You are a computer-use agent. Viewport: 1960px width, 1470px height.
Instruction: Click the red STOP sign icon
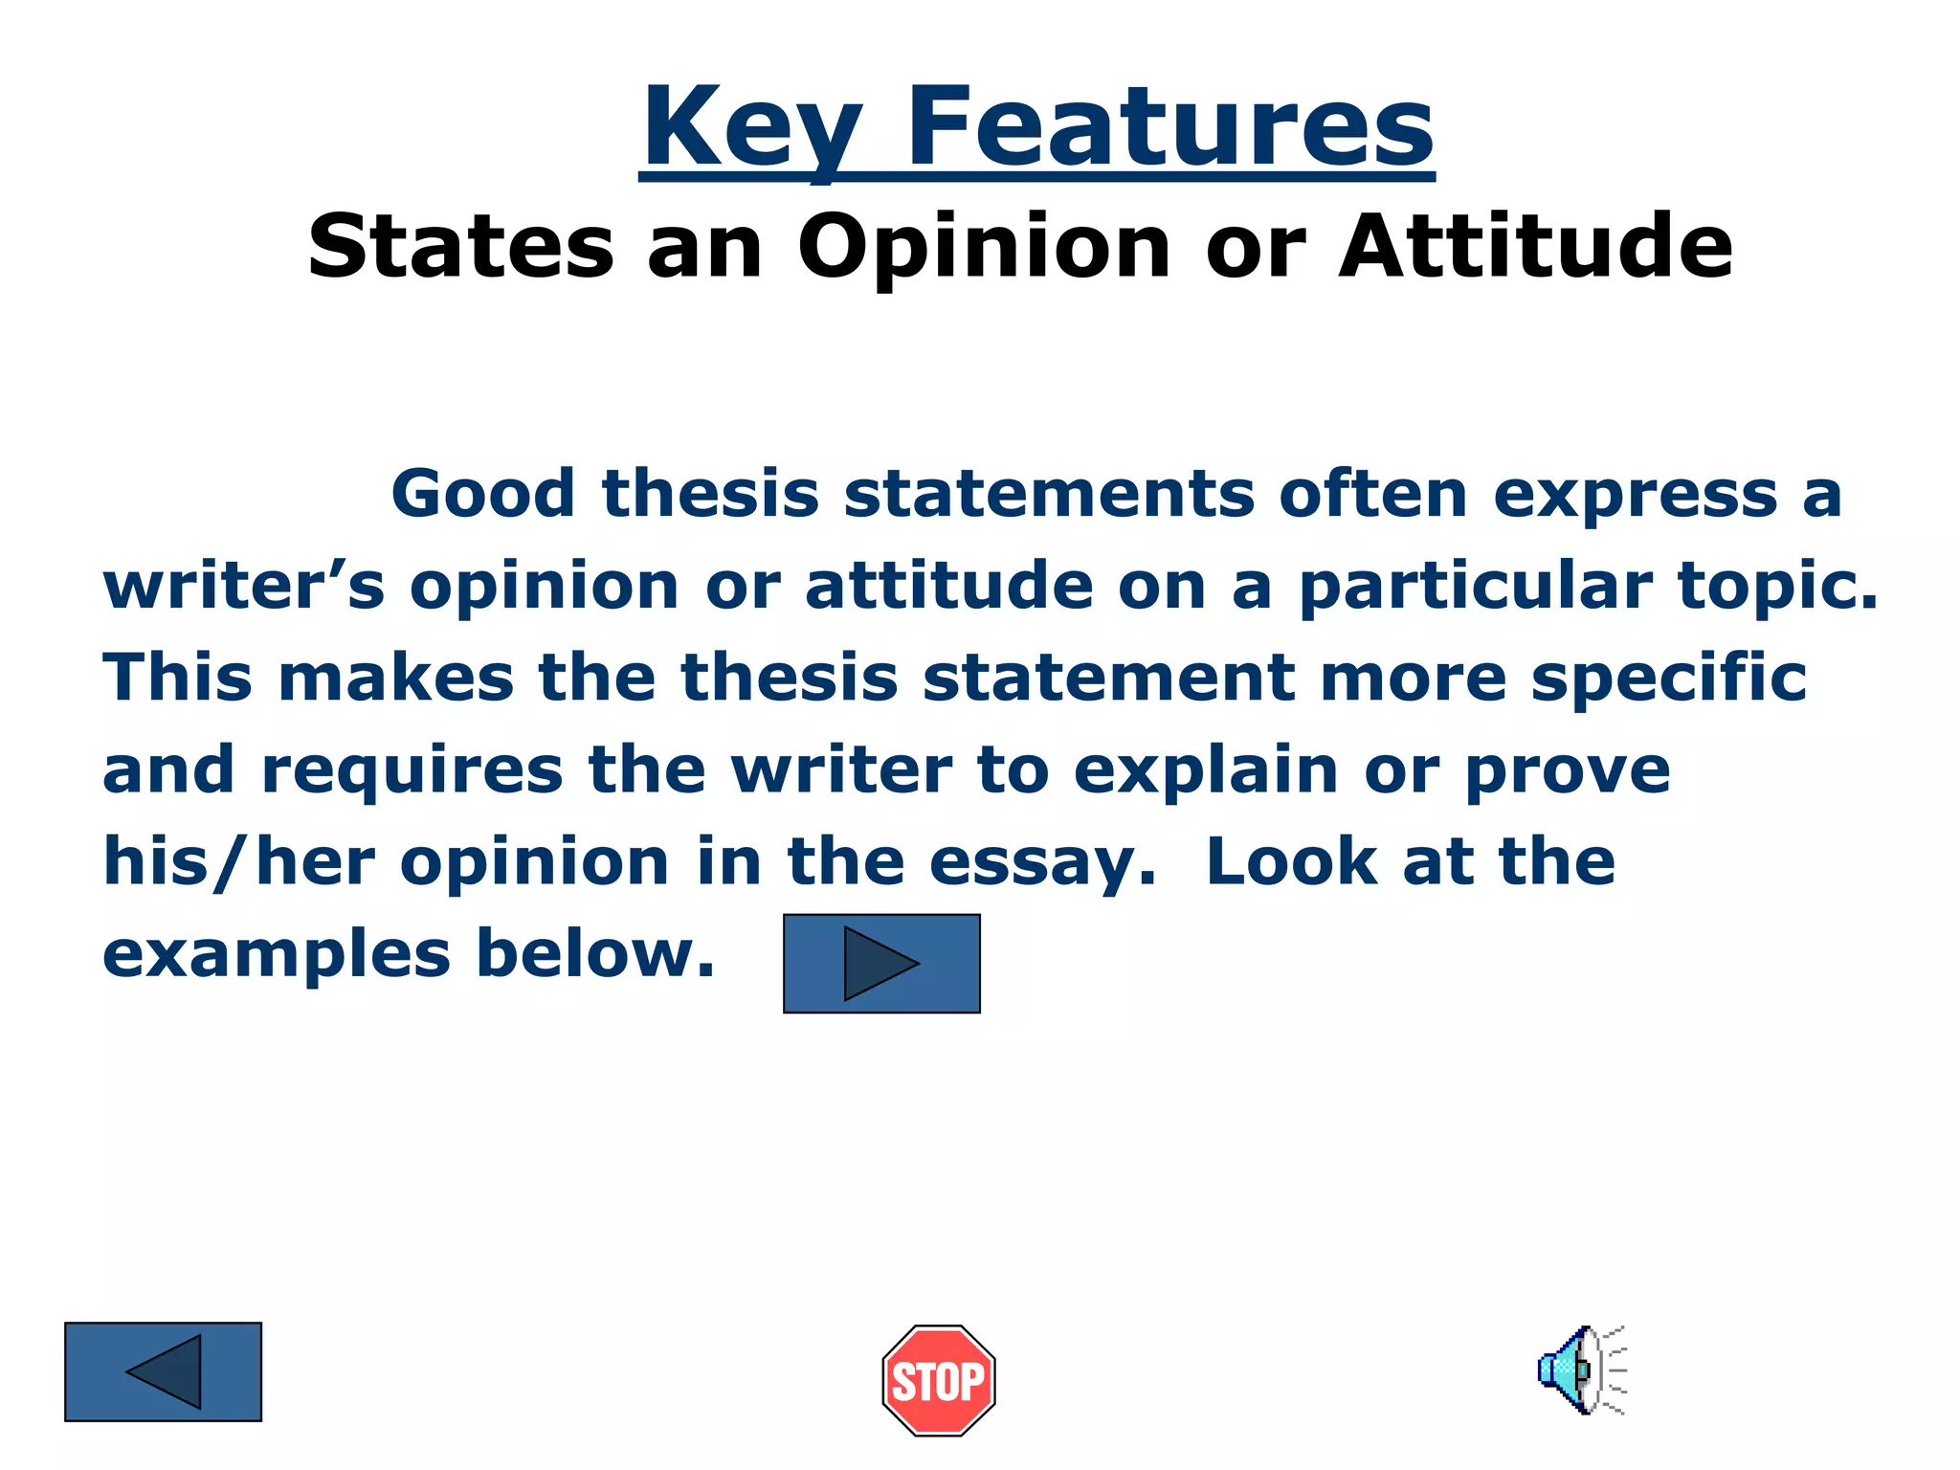pyautogui.click(x=938, y=1380)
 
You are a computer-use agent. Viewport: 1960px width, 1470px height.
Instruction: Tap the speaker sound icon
pyautogui.click(x=1581, y=1370)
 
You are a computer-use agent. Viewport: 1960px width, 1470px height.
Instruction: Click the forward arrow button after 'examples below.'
pyautogui.click(x=881, y=964)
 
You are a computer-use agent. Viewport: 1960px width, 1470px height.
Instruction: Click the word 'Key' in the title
pyautogui.click(x=752, y=129)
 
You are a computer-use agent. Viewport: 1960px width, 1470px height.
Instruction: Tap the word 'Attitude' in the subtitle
pyautogui.click(x=1535, y=246)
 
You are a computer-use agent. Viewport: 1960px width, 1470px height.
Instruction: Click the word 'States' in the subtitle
pyautogui.click(x=460, y=248)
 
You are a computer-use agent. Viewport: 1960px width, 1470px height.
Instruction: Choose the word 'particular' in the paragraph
pyautogui.click(x=1475, y=588)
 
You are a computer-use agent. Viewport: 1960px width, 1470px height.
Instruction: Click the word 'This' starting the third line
pyautogui.click(x=177, y=678)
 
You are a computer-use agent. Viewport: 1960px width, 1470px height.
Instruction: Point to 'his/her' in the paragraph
pyautogui.click(x=238, y=861)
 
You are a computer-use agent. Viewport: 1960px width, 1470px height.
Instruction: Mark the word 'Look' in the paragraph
pyautogui.click(x=1291, y=861)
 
